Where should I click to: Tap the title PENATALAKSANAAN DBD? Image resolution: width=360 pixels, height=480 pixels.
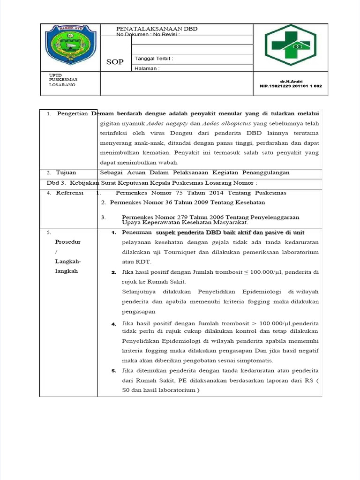(157, 29)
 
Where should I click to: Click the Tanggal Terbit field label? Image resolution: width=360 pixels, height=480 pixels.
(154, 59)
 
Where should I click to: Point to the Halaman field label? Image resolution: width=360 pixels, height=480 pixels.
(147, 68)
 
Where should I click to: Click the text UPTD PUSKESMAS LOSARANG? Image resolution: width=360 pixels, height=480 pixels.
(63, 80)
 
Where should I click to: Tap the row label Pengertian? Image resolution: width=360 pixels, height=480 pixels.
(73, 114)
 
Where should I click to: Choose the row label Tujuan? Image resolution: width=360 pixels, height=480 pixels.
(66, 172)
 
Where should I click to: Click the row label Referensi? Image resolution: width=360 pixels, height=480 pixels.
(69, 193)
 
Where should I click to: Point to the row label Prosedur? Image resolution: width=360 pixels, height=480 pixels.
(68, 242)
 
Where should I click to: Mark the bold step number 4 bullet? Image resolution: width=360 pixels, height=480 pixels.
(114, 324)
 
